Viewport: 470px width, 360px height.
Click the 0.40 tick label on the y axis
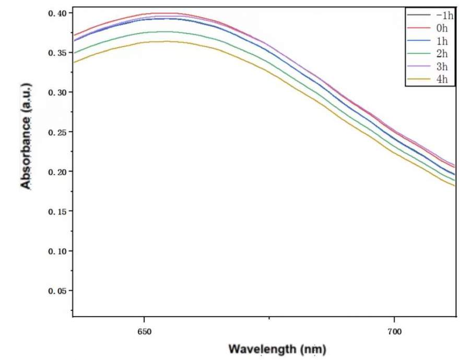57,13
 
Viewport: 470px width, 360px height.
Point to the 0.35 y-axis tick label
57,53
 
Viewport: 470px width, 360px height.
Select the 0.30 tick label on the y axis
57,92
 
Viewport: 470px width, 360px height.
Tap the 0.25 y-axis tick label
57,132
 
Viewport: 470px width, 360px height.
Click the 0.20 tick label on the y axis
57,172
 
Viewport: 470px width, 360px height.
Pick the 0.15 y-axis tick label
57,212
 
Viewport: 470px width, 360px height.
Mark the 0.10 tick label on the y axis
57,251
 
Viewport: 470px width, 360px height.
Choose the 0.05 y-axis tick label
57,291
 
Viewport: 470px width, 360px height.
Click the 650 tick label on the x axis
144,331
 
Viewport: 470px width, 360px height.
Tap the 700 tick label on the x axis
394,331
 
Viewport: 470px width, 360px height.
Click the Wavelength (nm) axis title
277,349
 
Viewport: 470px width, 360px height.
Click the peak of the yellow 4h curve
162,41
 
